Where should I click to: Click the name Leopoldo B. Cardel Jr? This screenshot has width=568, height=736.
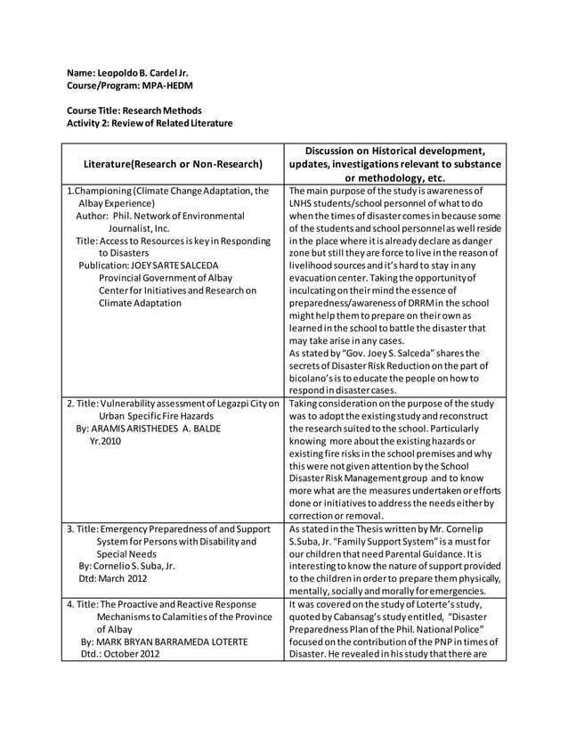tap(145, 72)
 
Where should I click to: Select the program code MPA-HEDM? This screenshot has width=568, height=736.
tap(167, 86)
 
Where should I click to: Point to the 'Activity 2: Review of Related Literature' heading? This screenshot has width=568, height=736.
tap(150, 123)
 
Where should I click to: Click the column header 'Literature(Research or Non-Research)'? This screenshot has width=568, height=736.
tap(172, 164)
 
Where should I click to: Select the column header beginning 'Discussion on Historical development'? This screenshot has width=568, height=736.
tap(394, 150)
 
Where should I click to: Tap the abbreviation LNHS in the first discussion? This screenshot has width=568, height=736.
tap(305, 203)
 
